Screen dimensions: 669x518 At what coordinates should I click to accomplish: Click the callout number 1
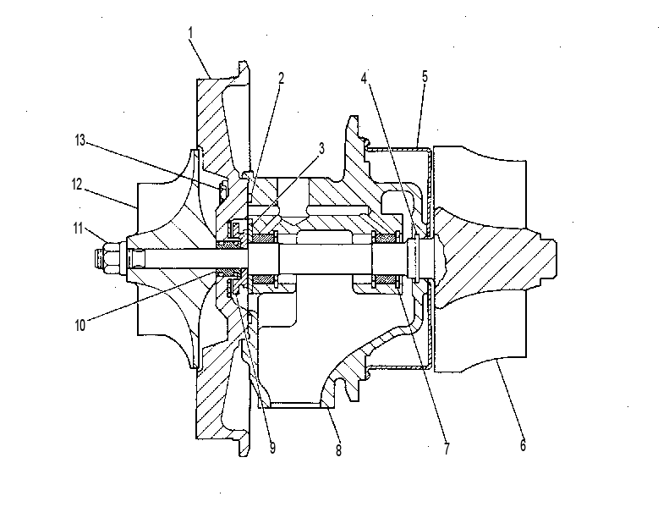point(190,33)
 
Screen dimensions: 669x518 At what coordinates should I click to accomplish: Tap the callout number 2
point(281,78)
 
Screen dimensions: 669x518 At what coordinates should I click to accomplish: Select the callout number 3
point(321,148)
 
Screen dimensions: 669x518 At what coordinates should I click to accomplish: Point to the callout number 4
point(364,78)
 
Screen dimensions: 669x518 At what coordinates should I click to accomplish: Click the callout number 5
point(425,77)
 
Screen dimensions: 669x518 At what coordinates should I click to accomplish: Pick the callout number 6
point(523,445)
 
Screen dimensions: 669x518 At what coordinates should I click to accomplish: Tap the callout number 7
point(447,449)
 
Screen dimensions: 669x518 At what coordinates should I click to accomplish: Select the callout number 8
point(338,450)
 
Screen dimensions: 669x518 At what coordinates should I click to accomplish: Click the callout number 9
point(272,448)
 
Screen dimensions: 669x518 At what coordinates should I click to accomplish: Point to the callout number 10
point(80,325)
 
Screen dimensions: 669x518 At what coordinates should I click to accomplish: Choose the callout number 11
point(77,229)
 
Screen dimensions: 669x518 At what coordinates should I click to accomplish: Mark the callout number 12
point(76,185)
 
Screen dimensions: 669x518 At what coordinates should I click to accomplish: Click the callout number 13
point(80,140)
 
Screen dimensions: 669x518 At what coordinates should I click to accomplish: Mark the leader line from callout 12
point(110,197)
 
